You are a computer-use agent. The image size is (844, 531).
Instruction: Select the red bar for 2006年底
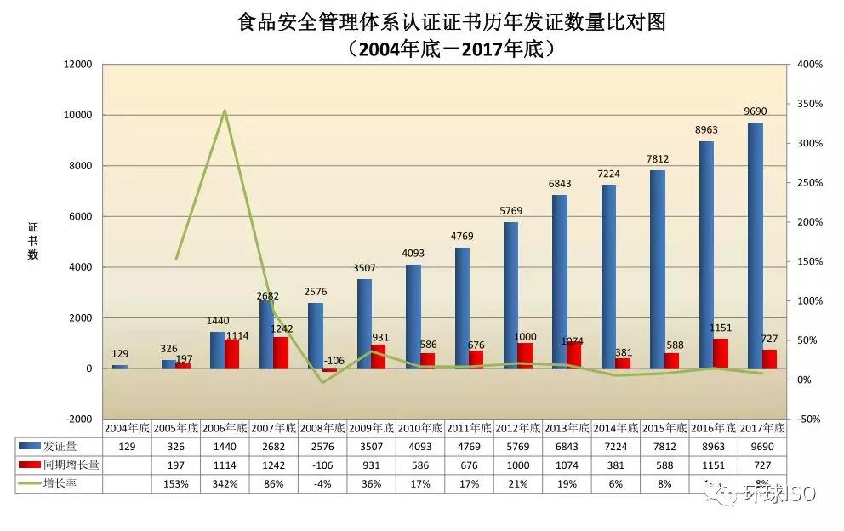click(231, 354)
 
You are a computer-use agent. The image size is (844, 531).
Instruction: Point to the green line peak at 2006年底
click(225, 110)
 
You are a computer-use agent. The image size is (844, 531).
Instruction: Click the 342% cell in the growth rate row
click(225, 483)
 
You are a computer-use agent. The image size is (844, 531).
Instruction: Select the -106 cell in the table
click(322, 465)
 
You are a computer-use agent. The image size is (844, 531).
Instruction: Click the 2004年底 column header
click(127, 427)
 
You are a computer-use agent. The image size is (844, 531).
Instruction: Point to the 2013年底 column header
click(567, 427)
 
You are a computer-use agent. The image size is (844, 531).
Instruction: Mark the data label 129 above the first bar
click(120, 354)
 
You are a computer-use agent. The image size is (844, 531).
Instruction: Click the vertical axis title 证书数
click(32, 241)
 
